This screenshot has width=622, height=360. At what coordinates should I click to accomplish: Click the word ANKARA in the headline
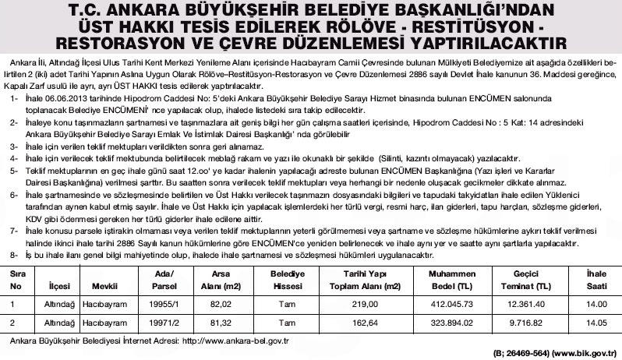(144, 11)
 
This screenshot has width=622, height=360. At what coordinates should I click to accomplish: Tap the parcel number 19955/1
(164, 305)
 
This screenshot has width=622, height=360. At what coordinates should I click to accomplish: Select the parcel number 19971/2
(164, 322)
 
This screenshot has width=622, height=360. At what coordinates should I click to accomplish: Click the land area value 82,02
(222, 305)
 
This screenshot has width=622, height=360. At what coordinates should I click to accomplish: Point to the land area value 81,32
(222, 322)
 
